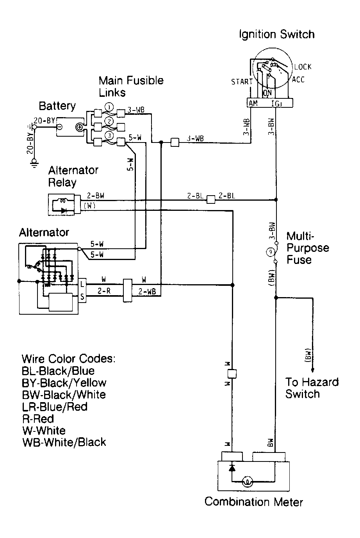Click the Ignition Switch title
pos(276,34)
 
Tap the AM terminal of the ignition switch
pos(253,103)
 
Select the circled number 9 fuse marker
pos(270,252)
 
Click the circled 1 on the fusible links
pos(110,107)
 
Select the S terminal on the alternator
pos(82,297)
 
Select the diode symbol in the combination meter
pos(232,467)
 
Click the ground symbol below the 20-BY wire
pos(35,163)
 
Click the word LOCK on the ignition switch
pos(303,67)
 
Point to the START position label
pos(242,82)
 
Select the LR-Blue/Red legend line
pos(54,406)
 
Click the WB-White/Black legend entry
pos(64,442)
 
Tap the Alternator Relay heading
pos(73,176)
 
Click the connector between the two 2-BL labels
pos(210,200)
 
